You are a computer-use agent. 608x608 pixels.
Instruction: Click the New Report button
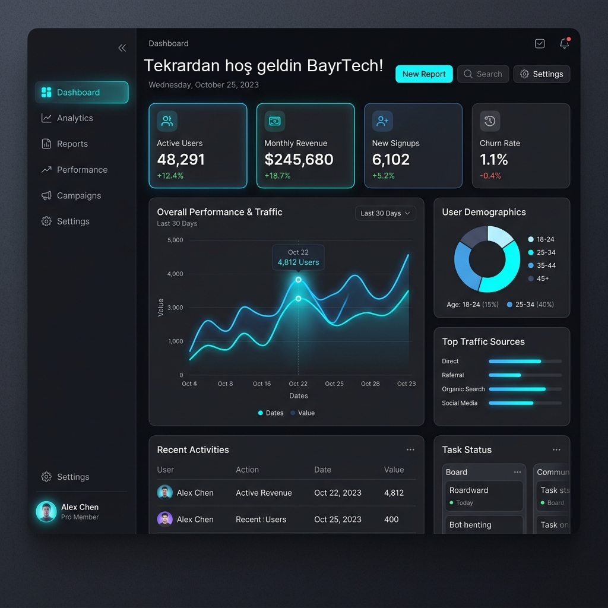click(x=424, y=74)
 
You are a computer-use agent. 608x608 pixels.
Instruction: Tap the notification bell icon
click(x=565, y=43)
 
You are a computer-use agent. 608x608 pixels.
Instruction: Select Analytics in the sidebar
click(x=75, y=118)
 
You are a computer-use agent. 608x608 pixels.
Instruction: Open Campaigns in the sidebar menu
click(x=79, y=195)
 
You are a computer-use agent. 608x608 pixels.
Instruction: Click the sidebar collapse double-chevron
click(x=122, y=48)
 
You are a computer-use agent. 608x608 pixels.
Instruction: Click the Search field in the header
click(x=483, y=74)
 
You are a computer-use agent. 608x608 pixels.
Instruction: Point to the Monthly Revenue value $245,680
click(x=299, y=159)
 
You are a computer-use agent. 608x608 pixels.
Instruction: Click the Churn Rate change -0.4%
click(x=490, y=176)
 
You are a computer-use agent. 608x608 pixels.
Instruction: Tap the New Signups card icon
click(x=382, y=121)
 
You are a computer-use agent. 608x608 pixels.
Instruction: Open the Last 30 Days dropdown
click(x=385, y=213)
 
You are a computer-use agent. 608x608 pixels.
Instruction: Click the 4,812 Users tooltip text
click(x=298, y=262)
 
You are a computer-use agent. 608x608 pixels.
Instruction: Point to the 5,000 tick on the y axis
click(x=175, y=240)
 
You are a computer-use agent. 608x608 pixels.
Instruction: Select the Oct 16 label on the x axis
click(x=262, y=384)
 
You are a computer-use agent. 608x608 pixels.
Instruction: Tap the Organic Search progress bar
click(x=525, y=389)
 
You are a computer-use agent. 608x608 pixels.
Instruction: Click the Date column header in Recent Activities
click(x=322, y=470)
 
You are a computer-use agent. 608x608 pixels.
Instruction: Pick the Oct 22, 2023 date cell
click(x=338, y=493)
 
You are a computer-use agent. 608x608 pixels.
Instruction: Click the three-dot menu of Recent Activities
click(x=410, y=450)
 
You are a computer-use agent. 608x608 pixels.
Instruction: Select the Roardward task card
click(x=484, y=496)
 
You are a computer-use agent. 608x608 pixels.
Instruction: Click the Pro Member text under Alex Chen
click(x=80, y=517)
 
